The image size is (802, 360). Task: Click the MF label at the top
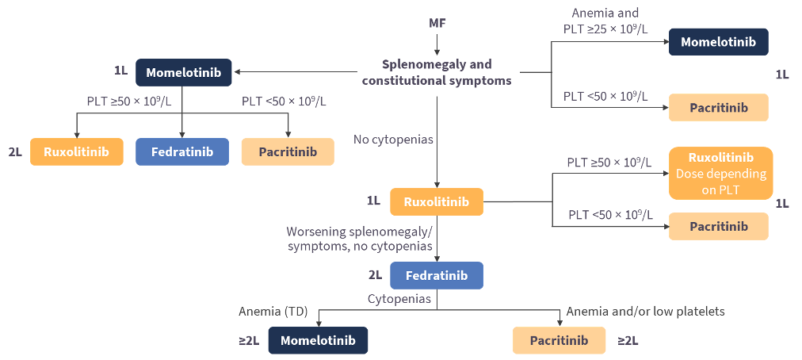(x=437, y=23)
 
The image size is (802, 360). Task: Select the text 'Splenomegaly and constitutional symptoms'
(x=437, y=72)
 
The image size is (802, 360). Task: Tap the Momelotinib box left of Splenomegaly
(x=183, y=72)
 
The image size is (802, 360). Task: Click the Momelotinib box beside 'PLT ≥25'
(x=718, y=42)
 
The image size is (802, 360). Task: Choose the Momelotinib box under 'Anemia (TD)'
(x=318, y=340)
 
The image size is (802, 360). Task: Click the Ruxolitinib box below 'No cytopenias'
(x=436, y=201)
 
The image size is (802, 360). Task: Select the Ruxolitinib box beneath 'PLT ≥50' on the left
(x=77, y=151)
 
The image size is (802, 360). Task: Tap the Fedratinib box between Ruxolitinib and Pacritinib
(x=182, y=151)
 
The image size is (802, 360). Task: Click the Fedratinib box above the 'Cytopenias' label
(x=436, y=276)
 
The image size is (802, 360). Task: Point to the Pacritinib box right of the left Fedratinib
(x=287, y=151)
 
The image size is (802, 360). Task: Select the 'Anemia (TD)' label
(x=273, y=312)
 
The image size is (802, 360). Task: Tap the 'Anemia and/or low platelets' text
(x=645, y=312)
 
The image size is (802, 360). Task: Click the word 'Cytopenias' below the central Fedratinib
(x=399, y=299)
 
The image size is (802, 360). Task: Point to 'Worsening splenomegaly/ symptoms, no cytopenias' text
(x=360, y=239)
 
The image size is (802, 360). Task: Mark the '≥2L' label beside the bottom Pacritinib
(x=628, y=340)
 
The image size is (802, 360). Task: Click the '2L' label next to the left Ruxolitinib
(x=16, y=151)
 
